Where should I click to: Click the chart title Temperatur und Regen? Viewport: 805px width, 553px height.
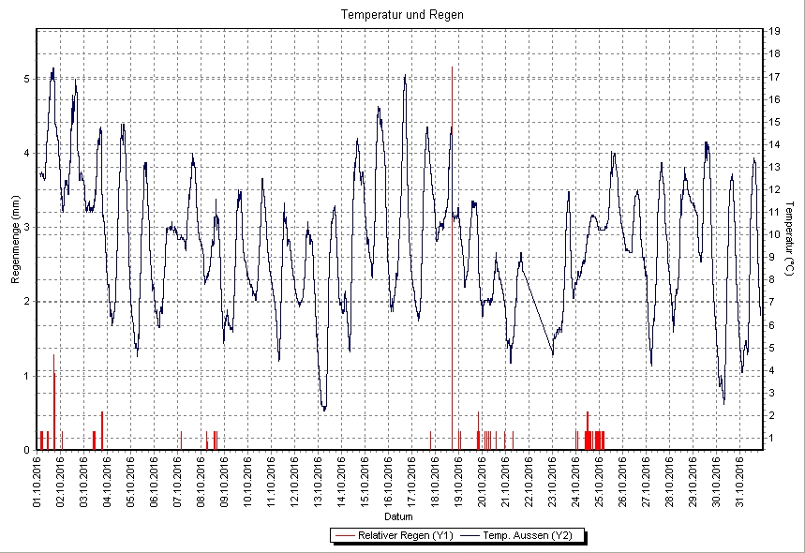coord(402,15)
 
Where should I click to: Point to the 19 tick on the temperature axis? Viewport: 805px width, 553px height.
coord(774,31)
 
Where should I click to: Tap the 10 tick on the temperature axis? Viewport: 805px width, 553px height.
coord(774,234)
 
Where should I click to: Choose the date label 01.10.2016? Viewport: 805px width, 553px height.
coord(37,481)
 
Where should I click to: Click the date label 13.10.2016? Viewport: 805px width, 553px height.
coord(319,481)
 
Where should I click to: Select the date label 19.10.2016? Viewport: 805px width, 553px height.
coord(459,481)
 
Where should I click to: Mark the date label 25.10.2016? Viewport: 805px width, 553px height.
coord(600,481)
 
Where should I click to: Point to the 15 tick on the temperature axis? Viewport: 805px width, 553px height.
coord(774,121)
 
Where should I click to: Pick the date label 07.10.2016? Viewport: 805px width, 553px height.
coord(178,481)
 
